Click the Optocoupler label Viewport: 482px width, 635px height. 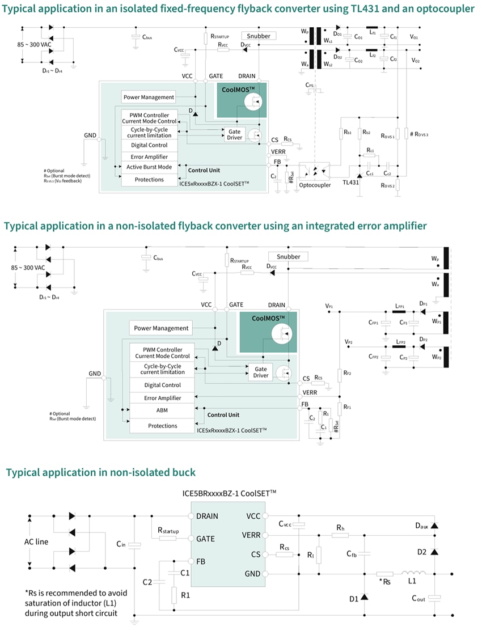pos(315,185)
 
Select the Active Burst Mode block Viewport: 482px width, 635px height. pos(149,167)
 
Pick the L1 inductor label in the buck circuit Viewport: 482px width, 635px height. pos(412,582)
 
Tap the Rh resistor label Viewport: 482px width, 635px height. pos(340,528)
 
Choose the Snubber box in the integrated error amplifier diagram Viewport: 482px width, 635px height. pos(289,256)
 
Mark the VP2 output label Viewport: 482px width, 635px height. pos(348,342)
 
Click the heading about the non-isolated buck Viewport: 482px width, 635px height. pos(100,472)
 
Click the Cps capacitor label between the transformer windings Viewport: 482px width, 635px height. pos(309,85)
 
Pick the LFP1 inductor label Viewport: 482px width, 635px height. pos(400,306)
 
